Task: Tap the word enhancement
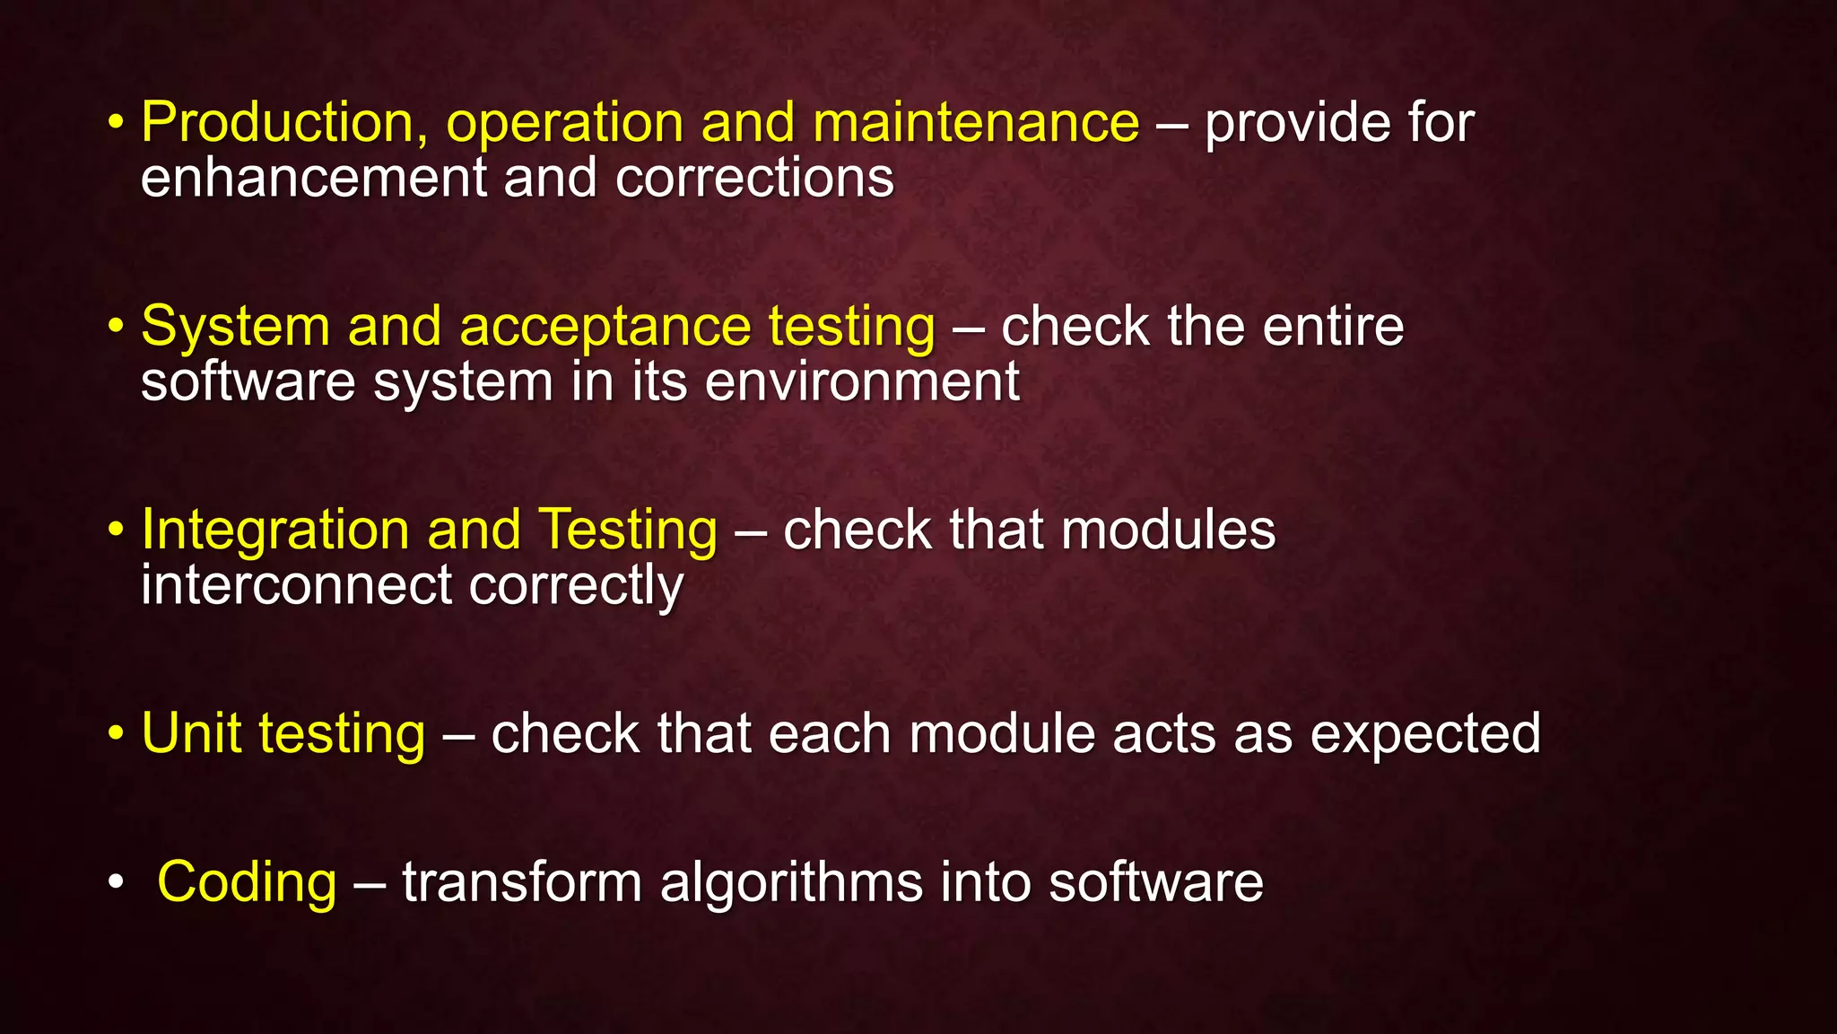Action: [x=313, y=178]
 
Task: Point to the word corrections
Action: [x=754, y=178]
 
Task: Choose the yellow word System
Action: [x=236, y=326]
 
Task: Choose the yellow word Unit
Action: [x=192, y=733]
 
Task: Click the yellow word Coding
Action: [x=247, y=882]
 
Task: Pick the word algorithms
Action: [x=790, y=882]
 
